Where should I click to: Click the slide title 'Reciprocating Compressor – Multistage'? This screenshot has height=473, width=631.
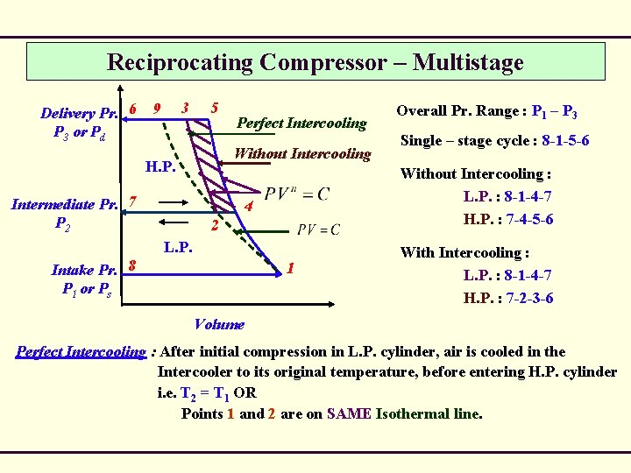[x=315, y=62]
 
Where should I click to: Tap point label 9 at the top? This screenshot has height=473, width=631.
[x=156, y=109]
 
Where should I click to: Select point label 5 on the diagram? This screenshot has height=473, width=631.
[x=214, y=108]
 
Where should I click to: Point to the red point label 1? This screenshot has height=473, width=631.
[x=291, y=268]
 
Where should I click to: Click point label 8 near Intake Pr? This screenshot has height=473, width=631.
[x=131, y=262]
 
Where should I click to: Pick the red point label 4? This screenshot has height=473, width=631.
[x=250, y=208]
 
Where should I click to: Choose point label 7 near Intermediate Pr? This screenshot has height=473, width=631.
[x=131, y=201]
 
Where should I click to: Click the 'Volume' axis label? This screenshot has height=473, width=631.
[x=219, y=324]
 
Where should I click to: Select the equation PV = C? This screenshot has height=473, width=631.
[x=318, y=229]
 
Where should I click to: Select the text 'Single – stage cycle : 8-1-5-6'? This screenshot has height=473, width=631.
[x=494, y=140]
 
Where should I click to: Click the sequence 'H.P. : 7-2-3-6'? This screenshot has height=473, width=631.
[x=508, y=298]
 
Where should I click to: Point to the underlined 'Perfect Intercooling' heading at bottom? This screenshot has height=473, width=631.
[x=81, y=352]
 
